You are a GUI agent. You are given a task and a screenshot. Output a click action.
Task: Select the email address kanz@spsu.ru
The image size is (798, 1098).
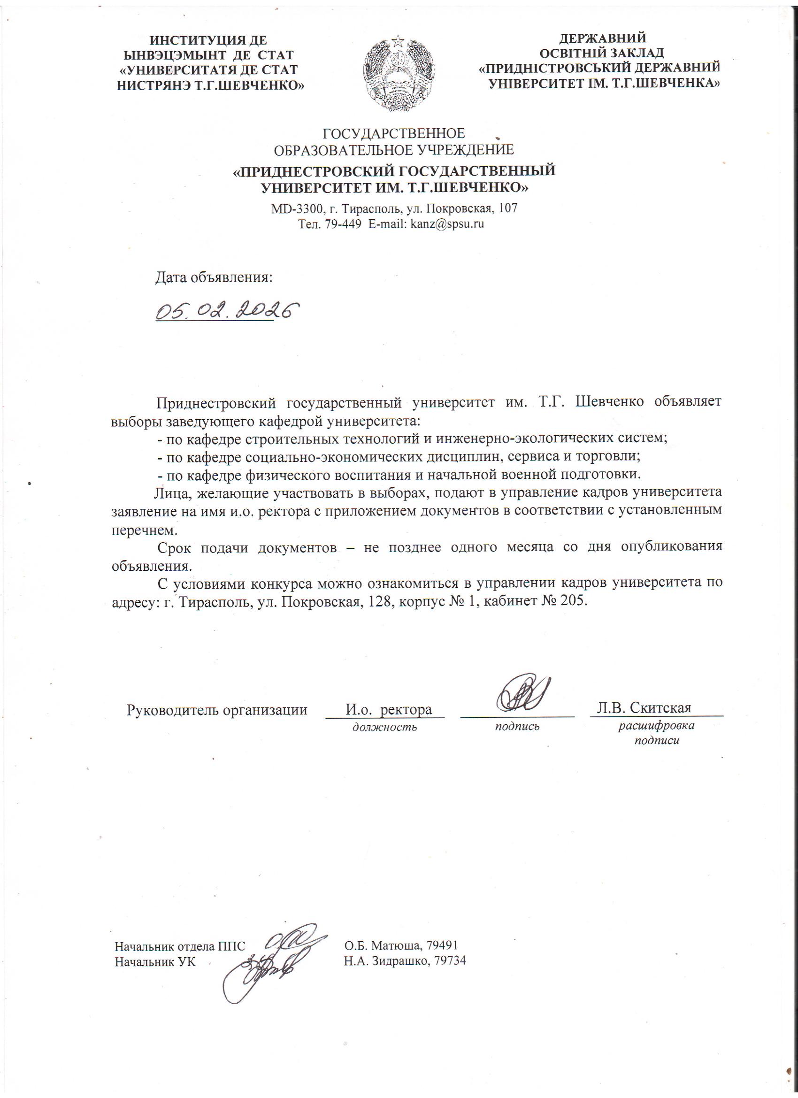(447, 223)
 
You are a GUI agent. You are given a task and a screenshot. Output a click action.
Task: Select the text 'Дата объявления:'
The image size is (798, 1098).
(214, 277)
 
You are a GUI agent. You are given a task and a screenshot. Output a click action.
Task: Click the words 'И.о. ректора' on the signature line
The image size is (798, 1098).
(388, 710)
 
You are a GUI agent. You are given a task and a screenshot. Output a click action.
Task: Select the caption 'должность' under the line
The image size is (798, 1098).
(384, 727)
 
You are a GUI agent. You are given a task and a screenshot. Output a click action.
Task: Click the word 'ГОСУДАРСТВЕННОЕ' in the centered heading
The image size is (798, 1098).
(394, 133)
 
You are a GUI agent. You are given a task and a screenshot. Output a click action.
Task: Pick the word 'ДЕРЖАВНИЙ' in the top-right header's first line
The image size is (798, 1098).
(602, 38)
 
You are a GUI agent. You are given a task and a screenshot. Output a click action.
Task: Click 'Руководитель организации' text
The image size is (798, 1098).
(217, 710)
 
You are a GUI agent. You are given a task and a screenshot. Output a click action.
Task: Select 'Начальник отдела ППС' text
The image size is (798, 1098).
(180, 945)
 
